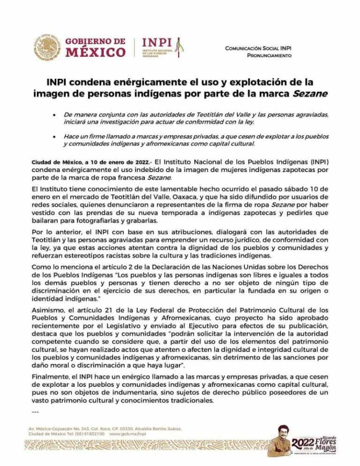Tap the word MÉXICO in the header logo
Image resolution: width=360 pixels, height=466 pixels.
(x=95, y=51)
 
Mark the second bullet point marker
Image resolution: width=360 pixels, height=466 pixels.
(x=55, y=136)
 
